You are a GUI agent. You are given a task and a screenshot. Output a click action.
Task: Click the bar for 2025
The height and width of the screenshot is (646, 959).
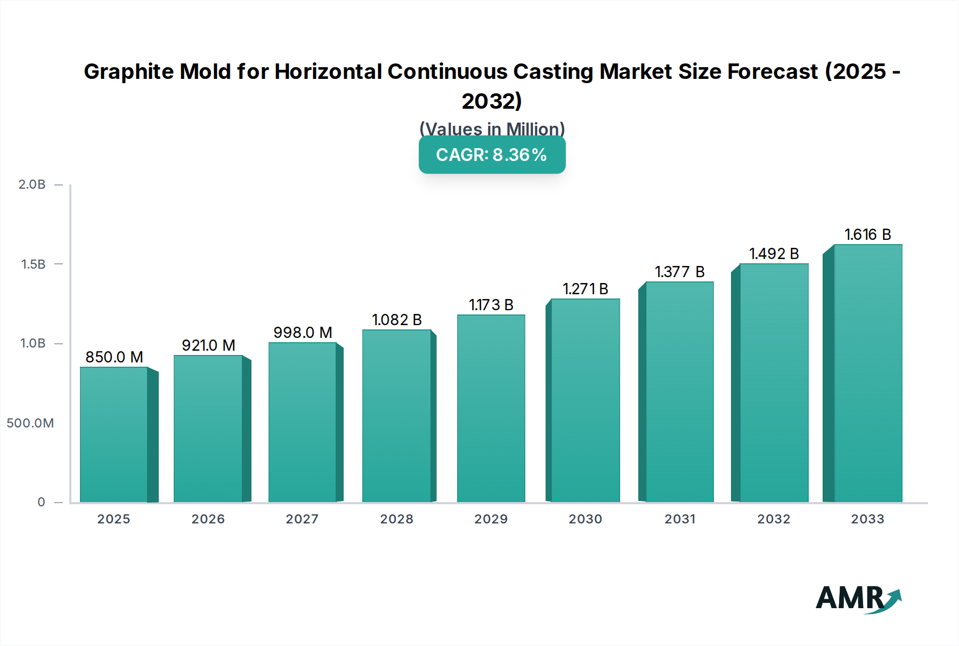114,434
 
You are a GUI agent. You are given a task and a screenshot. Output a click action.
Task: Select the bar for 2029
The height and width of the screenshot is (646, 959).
491,408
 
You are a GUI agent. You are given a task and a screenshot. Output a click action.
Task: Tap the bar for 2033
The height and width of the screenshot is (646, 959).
868,373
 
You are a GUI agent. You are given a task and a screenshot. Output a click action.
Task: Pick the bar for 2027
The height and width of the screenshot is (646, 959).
302,422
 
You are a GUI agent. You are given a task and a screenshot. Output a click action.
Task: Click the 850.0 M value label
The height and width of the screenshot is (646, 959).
114,357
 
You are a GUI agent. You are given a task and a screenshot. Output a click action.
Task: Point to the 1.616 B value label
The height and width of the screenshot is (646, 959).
867,235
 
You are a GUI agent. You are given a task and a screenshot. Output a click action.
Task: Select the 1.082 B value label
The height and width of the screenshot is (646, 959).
396,320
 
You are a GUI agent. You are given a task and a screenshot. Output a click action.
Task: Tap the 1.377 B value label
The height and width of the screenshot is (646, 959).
679,272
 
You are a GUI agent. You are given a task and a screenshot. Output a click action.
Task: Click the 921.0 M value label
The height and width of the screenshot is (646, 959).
208,345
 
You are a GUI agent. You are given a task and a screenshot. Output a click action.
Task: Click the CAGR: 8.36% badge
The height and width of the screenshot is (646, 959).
492,155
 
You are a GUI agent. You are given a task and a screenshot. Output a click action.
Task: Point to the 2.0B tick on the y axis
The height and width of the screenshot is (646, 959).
32,184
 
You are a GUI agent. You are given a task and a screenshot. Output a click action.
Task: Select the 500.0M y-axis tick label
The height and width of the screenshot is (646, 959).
30,423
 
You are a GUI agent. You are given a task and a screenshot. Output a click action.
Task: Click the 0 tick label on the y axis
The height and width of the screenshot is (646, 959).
41,502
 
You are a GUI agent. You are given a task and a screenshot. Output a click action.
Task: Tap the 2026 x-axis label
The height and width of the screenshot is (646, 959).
208,519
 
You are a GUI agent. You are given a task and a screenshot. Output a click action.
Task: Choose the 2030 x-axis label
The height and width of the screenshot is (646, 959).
585,519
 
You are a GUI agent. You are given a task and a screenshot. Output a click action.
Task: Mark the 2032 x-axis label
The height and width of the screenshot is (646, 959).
774,519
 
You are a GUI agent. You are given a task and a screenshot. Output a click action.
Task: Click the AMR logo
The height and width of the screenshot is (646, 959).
858,599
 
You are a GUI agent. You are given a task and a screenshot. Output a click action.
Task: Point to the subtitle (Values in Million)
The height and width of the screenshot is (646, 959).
492,128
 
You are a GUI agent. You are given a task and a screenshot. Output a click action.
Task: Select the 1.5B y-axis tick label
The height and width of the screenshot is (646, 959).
33,264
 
